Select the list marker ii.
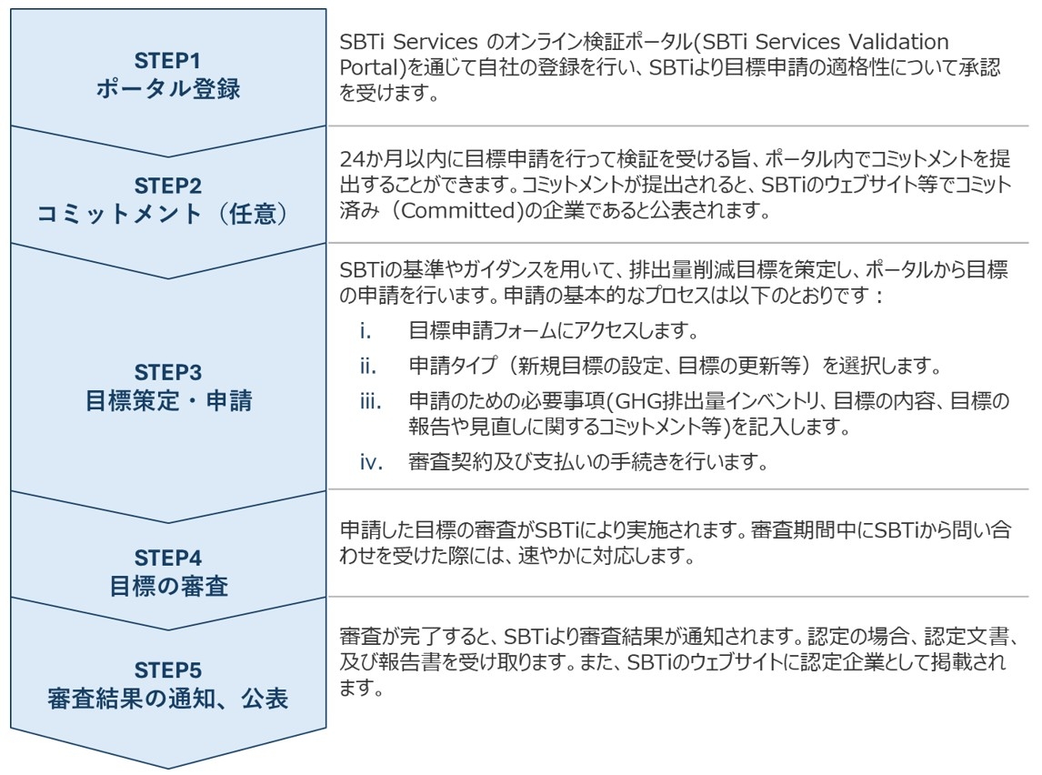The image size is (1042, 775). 366,367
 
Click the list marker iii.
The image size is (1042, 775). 368,401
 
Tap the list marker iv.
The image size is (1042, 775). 368,462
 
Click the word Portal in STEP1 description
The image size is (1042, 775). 367,68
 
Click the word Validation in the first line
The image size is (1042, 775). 892,43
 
